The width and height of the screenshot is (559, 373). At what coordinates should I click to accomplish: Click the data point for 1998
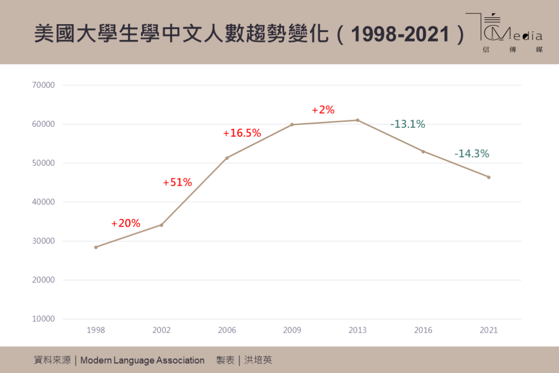click(96, 247)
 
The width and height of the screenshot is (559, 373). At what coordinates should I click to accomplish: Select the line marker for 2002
click(161, 225)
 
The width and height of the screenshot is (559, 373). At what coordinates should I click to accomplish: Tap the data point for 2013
click(358, 120)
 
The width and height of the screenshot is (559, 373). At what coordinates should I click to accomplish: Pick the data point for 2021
click(488, 177)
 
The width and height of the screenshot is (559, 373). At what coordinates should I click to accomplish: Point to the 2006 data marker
click(227, 158)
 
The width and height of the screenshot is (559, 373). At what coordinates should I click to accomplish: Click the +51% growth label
click(177, 182)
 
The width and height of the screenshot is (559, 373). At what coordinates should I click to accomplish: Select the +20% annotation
click(126, 223)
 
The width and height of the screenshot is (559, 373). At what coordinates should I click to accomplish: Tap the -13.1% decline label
click(408, 124)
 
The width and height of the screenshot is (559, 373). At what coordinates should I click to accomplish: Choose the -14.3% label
click(472, 153)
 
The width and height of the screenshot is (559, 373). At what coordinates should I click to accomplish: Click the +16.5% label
click(242, 133)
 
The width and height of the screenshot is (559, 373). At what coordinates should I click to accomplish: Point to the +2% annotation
click(323, 110)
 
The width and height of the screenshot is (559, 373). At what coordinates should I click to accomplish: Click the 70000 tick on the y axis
click(44, 85)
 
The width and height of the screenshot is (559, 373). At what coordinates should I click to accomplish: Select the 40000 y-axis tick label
click(44, 202)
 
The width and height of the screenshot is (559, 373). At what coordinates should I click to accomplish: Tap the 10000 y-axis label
click(44, 319)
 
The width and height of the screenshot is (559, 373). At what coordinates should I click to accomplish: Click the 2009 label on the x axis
click(292, 330)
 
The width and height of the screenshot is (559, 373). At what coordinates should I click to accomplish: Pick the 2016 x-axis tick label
click(423, 330)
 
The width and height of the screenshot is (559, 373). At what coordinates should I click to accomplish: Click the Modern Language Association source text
click(142, 360)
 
